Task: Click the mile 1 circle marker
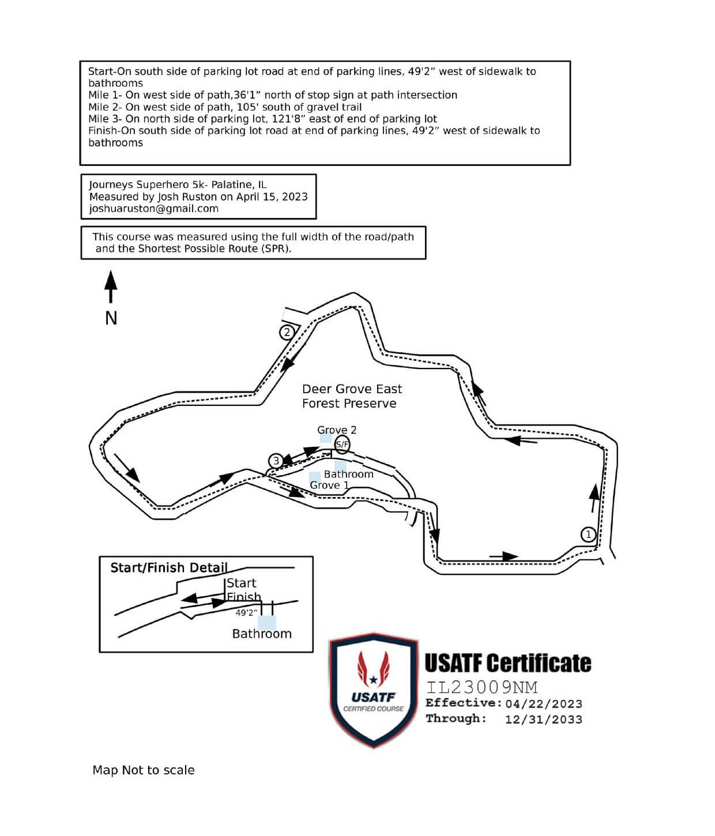point(588,534)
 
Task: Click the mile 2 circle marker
point(287,332)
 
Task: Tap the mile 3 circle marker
point(276,461)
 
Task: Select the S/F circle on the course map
point(342,444)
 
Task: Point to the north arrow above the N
point(111,287)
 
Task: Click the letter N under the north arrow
point(111,318)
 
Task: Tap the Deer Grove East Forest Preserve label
point(352,396)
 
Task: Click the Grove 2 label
point(337,430)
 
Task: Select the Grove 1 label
point(329,485)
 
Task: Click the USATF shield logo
point(374,690)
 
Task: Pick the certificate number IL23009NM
point(482,687)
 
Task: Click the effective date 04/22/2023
point(544,704)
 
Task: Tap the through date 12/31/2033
point(544,720)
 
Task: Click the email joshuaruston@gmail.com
point(154,209)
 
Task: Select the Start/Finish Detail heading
point(169,568)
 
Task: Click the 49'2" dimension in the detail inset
point(246,613)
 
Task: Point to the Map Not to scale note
point(144,770)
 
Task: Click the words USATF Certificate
point(508,664)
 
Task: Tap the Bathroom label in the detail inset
point(262,634)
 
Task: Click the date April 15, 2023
point(272,197)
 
